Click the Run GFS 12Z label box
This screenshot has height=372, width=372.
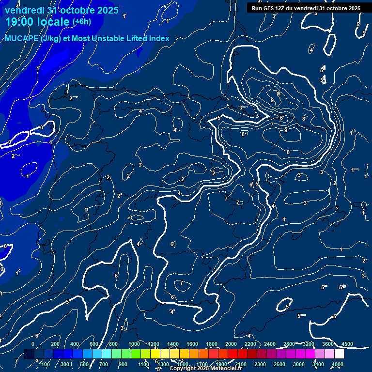click(306, 8)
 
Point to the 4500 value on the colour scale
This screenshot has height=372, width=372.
click(347, 344)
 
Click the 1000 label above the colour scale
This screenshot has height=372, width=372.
click(134, 344)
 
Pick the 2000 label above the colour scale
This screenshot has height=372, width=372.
click(231, 344)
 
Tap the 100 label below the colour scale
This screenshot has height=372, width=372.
click(46, 364)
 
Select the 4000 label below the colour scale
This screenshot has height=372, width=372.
click(338, 364)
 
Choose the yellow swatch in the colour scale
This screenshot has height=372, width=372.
click(165, 354)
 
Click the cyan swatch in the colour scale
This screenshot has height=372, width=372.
click(107, 354)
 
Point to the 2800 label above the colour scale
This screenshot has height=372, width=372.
click(289, 344)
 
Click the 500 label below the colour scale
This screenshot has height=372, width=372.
click(84, 364)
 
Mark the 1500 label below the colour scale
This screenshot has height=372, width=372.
click(182, 364)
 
